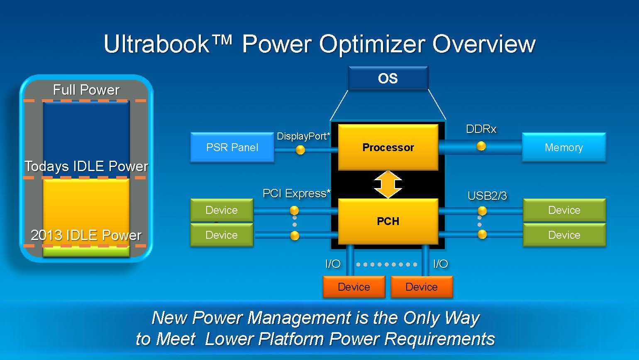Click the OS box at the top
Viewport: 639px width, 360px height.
coord(388,78)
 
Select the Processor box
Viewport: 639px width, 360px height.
coord(388,147)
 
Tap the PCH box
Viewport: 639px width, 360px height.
coord(388,221)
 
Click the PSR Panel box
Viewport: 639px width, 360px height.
coord(232,147)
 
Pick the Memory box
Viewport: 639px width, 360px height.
coord(563,147)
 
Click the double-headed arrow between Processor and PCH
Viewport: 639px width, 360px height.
coord(388,184)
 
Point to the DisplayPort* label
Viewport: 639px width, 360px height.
coord(303,136)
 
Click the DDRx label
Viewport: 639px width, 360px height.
coord(481,129)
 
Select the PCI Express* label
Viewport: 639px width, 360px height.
coord(296,193)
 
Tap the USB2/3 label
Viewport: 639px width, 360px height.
coord(487,196)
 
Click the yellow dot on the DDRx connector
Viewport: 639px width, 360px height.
coord(481,146)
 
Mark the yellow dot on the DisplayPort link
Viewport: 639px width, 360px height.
coord(300,149)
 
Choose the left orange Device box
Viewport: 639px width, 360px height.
coord(354,287)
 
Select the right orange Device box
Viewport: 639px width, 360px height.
coord(422,287)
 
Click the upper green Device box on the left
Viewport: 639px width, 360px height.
coord(222,210)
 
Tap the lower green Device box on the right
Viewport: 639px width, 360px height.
coord(564,235)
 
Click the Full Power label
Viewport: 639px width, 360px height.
coord(86,90)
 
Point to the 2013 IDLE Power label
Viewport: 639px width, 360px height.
coord(86,235)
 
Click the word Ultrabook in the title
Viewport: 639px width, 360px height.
coord(156,44)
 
